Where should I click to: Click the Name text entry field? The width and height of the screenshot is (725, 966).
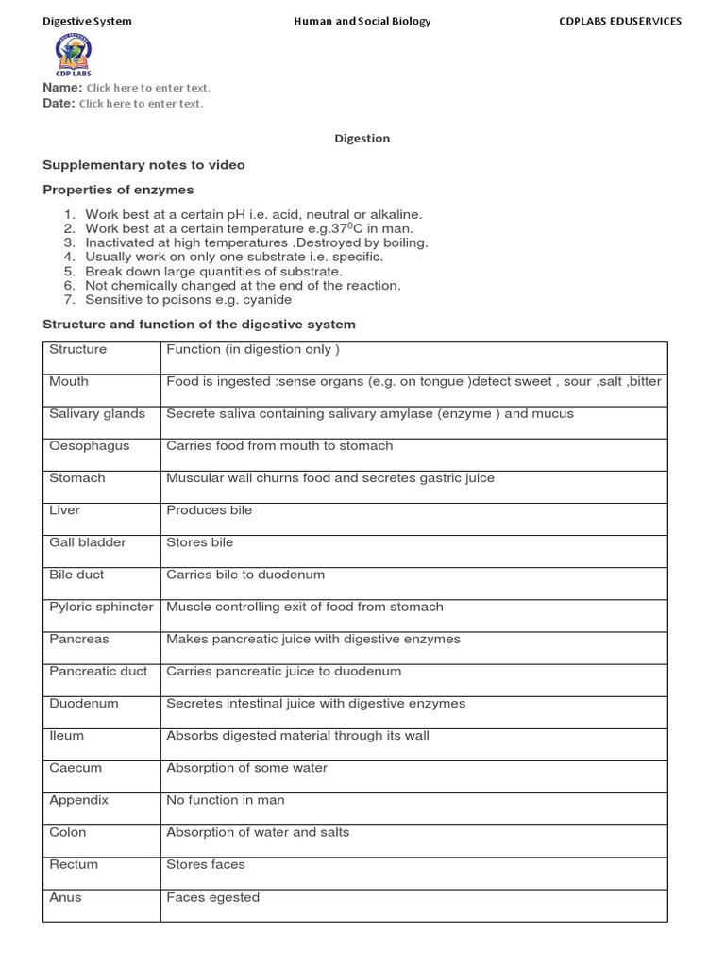tap(148, 88)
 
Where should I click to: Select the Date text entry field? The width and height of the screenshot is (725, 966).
tap(141, 104)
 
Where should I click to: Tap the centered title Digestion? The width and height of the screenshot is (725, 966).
tap(362, 139)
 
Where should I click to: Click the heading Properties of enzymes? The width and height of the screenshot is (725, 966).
tap(118, 190)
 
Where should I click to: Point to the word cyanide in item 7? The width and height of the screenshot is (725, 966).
tap(268, 300)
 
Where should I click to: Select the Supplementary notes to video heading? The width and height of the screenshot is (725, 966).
tap(143, 165)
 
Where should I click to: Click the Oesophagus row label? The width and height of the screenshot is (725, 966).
tap(90, 446)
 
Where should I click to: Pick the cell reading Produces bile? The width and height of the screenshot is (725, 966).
tap(209, 510)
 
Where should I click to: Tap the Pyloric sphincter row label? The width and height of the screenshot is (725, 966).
tap(101, 607)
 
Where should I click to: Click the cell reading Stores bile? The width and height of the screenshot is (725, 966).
tap(199, 542)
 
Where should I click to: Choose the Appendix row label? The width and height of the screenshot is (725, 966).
tap(78, 800)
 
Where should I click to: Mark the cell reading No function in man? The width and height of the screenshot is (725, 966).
tap(225, 800)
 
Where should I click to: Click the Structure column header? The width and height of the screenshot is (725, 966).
tap(77, 349)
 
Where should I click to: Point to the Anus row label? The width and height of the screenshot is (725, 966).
tap(65, 897)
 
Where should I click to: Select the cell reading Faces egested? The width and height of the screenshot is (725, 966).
tap(212, 897)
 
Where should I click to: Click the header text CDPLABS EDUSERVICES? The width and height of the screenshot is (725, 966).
tap(620, 21)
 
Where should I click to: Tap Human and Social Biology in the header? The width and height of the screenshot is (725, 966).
tap(362, 21)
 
